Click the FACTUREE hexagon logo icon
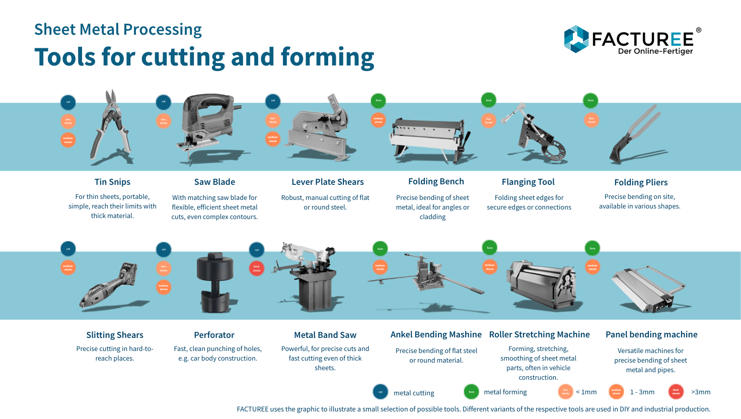[x=576, y=39]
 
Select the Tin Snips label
[x=112, y=182]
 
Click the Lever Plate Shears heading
[x=327, y=182]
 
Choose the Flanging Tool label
[x=528, y=182]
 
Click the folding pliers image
[x=634, y=133]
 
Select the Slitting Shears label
[x=115, y=335]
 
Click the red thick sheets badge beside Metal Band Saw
[x=257, y=268]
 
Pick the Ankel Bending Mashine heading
[x=436, y=334]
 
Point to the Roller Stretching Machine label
[x=539, y=334]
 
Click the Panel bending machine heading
[x=651, y=334]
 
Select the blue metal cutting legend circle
[x=381, y=392]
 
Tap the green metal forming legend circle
[x=471, y=392]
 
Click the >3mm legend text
[x=701, y=392]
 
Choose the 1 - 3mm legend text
[x=642, y=392]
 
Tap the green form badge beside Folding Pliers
[x=590, y=100]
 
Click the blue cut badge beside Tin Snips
[x=68, y=102]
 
